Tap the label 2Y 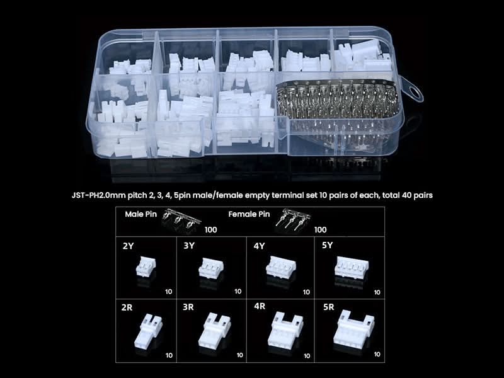[x=128, y=246]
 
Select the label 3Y [x=189, y=246]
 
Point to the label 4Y [x=259, y=246]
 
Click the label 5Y [x=327, y=245]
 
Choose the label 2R [x=127, y=307]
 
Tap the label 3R [x=188, y=307]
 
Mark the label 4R [x=260, y=306]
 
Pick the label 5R [x=328, y=307]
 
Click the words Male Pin [x=140, y=214]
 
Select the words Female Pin [x=249, y=214]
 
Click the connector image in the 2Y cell [x=146, y=267]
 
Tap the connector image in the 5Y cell [x=352, y=267]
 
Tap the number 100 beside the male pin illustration [x=211, y=230]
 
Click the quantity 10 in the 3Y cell [x=238, y=292]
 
